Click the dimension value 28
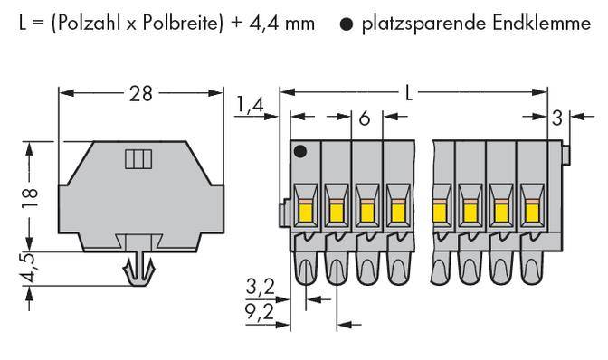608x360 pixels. tap(141, 92)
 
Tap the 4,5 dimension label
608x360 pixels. tap(30, 270)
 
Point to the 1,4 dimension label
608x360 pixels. tap(251, 106)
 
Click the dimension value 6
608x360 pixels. tap(365, 117)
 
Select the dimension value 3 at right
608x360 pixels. tap(556, 117)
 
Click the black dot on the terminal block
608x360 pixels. tap(300, 150)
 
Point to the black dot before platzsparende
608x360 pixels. tap(347, 24)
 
